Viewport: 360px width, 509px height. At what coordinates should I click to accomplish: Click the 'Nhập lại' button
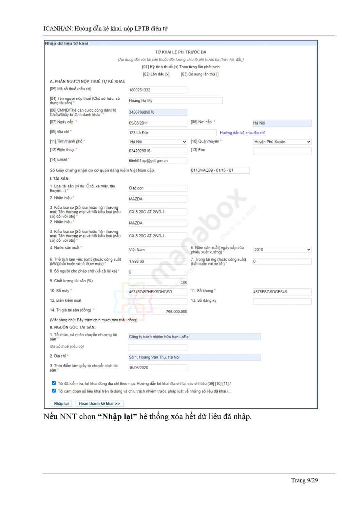coord(61,403)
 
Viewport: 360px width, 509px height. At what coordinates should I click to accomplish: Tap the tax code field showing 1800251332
coord(158,90)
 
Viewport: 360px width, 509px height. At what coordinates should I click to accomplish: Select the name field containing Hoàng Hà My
coord(175,100)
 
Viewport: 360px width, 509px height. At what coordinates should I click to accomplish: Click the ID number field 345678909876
coord(158,112)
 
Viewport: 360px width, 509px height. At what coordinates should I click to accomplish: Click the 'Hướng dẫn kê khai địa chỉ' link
coord(242,133)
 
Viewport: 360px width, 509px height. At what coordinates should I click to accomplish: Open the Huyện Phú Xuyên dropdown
coord(282,142)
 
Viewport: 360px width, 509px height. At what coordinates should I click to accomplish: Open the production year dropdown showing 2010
coord(282,250)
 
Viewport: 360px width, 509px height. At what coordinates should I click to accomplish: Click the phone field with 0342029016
coord(158,151)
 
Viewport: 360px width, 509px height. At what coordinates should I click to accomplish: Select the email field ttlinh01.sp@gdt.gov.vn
coord(158,161)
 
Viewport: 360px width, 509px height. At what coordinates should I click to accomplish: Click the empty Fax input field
coord(282,151)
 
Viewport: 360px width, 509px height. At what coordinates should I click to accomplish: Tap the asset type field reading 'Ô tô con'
coord(158,188)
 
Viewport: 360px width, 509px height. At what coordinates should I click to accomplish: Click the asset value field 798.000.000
coord(158,312)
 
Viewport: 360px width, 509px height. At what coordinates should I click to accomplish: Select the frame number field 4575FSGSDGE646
coord(282,292)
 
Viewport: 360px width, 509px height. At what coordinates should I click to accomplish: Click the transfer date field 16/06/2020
coord(158,367)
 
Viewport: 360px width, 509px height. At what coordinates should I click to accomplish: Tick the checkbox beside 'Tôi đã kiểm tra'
coord(54,383)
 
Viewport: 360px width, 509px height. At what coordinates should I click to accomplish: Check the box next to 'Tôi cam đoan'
coord(54,391)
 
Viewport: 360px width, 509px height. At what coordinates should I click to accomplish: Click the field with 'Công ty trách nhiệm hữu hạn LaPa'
coord(194,337)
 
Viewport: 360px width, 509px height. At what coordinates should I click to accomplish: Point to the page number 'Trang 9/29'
coord(304,480)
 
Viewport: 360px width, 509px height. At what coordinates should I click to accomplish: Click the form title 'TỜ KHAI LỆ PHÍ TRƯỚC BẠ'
coord(181,52)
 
